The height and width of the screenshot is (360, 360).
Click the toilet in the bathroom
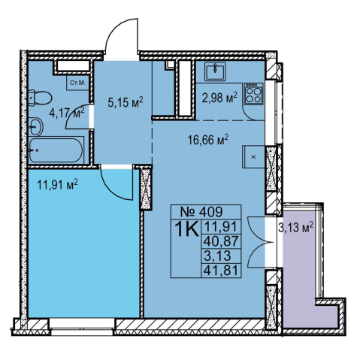point(40,98)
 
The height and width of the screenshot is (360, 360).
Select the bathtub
point(56,150)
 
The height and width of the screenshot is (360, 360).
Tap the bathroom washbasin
point(35,127)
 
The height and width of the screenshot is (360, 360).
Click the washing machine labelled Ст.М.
point(77,83)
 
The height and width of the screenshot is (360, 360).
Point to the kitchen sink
point(215,71)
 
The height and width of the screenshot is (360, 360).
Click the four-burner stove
point(254,94)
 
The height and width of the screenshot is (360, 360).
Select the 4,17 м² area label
point(67,112)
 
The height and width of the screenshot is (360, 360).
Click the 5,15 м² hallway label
point(126,101)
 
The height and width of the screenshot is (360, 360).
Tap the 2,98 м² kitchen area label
point(219,97)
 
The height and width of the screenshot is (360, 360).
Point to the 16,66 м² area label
point(208,139)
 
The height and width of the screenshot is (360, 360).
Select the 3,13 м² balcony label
point(295,227)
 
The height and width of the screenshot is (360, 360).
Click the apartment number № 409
point(201,212)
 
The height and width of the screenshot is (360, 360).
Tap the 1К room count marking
point(186,228)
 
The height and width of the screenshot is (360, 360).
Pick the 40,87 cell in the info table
point(221,241)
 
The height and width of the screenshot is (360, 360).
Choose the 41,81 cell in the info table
point(221,271)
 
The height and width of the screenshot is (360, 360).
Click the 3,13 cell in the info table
point(217,256)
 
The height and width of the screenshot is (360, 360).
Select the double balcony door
point(260,242)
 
